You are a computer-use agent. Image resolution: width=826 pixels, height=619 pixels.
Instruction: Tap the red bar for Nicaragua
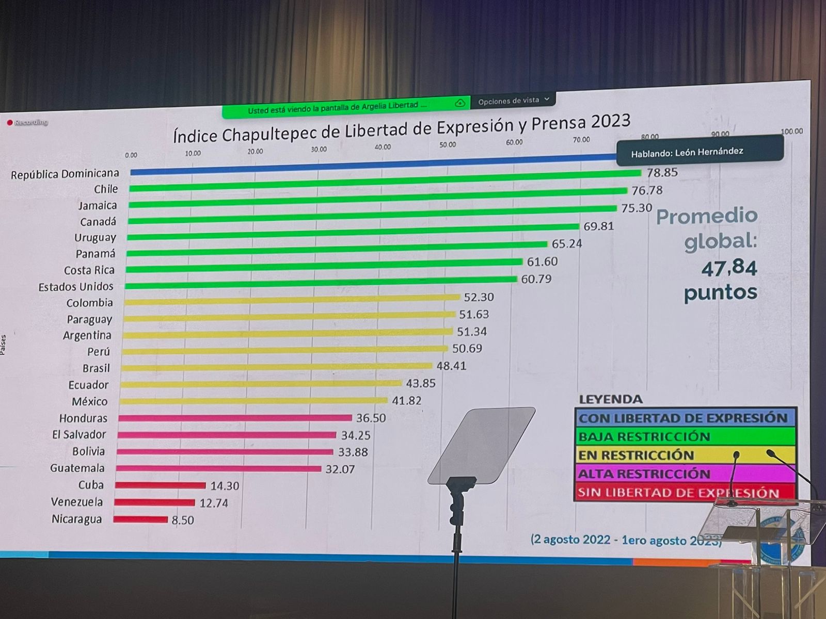(140, 519)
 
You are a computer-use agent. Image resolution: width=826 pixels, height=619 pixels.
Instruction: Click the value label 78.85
(662, 172)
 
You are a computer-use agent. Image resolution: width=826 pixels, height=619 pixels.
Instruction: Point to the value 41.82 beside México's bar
(406, 400)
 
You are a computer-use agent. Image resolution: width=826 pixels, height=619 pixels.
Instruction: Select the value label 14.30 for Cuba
(225, 485)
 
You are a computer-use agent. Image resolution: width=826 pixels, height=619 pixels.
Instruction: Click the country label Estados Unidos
(76, 287)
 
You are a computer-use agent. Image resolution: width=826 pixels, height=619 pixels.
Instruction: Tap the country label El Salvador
(79, 435)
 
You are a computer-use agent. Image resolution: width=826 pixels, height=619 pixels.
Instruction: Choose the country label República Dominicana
(65, 174)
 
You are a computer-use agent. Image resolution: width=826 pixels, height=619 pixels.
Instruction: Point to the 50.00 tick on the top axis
(448, 145)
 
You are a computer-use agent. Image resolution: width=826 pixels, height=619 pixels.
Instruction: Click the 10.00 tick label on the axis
(193, 153)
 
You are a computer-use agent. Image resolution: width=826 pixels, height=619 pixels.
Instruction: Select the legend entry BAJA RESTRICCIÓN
(644, 437)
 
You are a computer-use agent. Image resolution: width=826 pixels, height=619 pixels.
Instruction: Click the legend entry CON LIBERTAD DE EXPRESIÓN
(682, 418)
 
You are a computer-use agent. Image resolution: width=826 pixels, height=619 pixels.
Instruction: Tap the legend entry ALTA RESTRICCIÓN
(644, 474)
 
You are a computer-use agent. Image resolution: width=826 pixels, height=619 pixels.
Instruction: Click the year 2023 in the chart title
(611, 122)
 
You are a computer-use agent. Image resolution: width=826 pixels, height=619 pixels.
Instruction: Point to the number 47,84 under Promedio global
(729, 268)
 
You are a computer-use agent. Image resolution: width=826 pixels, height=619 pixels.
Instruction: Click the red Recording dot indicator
(10, 123)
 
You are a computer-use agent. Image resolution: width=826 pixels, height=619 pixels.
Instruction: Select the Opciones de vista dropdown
(513, 101)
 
